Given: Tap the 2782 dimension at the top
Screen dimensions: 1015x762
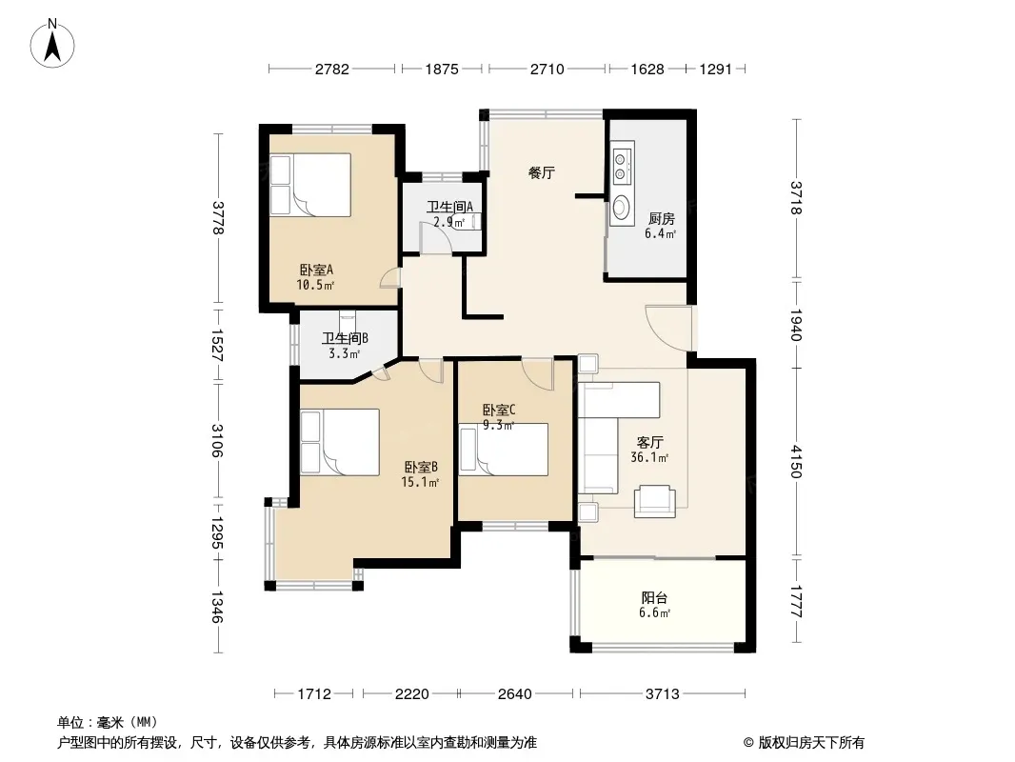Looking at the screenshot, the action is pyautogui.click(x=332, y=70).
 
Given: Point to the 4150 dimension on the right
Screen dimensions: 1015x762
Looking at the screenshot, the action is pyautogui.click(x=796, y=462).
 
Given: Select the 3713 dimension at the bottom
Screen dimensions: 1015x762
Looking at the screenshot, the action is pyautogui.click(x=662, y=694).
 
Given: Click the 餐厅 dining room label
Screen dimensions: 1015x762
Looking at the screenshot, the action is pyautogui.click(x=541, y=172).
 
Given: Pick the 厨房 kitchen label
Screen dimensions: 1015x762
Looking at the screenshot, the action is pyautogui.click(x=661, y=219).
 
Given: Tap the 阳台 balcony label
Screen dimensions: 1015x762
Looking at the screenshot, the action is pyautogui.click(x=654, y=597).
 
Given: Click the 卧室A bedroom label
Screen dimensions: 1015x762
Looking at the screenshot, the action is pyautogui.click(x=316, y=270).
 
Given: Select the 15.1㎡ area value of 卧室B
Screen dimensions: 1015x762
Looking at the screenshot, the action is pyautogui.click(x=420, y=482).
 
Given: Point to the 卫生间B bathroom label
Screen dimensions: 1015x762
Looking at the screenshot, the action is pyautogui.click(x=345, y=338).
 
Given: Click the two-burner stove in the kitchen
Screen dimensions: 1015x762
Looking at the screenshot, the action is pyautogui.click(x=622, y=165).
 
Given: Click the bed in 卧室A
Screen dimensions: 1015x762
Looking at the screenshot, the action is pyautogui.click(x=310, y=185).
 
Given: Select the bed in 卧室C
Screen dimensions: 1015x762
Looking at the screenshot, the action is pyautogui.click(x=504, y=450).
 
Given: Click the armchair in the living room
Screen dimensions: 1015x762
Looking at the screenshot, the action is pyautogui.click(x=654, y=501).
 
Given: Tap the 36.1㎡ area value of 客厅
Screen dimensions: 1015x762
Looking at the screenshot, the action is pyautogui.click(x=649, y=458).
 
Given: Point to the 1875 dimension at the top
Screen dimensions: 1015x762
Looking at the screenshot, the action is pyautogui.click(x=442, y=70).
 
